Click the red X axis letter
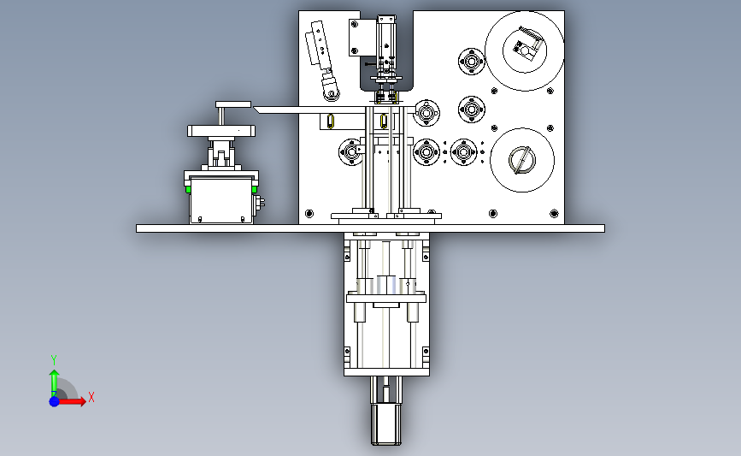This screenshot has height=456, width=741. (91, 397)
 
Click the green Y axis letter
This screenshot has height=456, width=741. (54, 360)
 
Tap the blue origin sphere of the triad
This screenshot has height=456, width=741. (55, 401)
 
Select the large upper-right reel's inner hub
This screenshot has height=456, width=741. (524, 49)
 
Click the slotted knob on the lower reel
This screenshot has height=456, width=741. (521, 160)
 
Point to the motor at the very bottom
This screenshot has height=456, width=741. (386, 423)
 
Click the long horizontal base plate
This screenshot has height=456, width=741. (370, 228)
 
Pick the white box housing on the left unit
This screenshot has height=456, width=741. (221, 199)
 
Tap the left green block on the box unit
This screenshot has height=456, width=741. (188, 190)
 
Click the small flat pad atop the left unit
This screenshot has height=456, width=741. (233, 104)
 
